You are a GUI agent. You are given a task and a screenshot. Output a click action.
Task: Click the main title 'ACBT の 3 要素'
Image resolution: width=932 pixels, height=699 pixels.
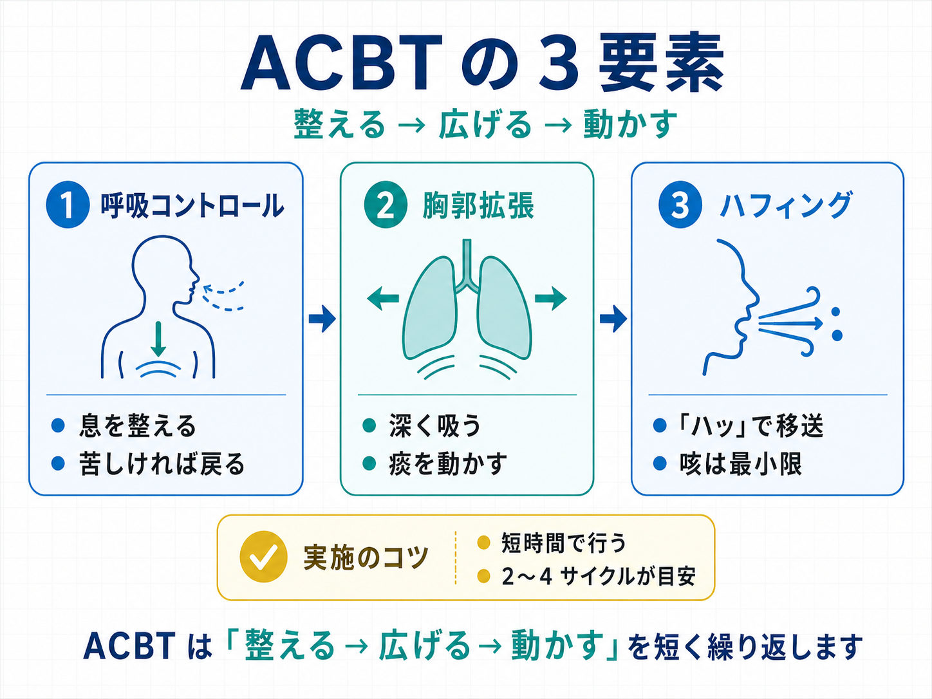483,64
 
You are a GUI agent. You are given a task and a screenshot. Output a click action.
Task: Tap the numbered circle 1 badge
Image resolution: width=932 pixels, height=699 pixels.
67,205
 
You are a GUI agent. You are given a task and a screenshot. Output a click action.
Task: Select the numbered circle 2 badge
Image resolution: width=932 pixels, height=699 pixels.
386,205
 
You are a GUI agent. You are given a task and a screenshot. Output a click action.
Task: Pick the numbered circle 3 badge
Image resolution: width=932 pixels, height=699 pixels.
680,205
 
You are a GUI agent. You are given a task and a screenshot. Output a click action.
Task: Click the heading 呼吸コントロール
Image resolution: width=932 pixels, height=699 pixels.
192,206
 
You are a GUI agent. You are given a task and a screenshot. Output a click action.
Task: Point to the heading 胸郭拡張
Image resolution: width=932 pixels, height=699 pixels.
478,206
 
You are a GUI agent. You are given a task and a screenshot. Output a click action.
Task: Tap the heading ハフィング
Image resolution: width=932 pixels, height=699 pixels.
786,206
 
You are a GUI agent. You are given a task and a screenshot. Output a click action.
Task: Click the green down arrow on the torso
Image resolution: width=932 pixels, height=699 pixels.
158,338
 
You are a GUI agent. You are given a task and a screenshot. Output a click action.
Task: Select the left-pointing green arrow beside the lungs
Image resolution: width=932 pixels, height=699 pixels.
383,298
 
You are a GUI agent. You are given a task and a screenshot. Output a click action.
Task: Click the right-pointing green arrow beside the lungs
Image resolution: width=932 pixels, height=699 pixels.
551,298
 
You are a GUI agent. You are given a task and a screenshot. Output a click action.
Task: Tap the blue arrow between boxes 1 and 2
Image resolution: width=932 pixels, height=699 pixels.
322,318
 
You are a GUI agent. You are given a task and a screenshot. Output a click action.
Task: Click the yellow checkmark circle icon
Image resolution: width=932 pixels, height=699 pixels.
263,557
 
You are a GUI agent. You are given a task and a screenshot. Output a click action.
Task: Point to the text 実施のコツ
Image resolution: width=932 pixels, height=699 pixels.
366,557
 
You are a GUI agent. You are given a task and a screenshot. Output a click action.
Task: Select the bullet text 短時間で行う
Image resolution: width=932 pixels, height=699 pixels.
563,543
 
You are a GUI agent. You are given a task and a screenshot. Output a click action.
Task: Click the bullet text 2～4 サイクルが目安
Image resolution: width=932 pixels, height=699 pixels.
599,576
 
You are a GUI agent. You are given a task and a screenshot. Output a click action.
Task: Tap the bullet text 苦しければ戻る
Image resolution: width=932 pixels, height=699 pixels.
162,463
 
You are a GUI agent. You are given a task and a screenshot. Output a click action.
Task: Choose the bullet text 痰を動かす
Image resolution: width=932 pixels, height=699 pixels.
448,463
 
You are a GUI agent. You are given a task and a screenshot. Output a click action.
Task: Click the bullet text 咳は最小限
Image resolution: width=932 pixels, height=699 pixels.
740,463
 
